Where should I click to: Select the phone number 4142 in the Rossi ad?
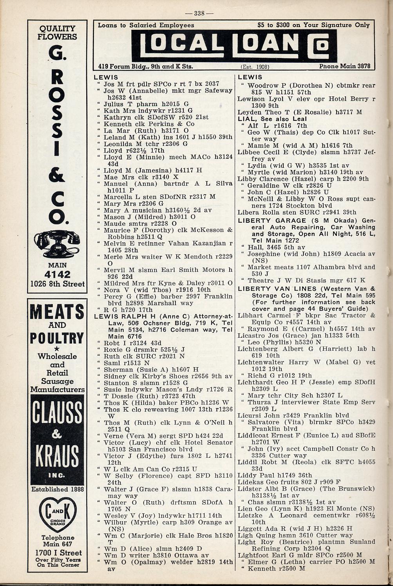click(57, 274)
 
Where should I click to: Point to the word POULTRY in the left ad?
click(57, 338)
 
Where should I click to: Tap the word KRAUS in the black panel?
click(57, 454)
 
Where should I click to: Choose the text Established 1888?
click(57, 489)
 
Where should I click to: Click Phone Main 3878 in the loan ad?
click(344, 66)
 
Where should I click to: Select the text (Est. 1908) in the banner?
click(255, 67)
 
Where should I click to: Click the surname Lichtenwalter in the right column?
click(259, 362)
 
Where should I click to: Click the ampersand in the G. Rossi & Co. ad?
click(57, 175)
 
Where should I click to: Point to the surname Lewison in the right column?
click(252, 99)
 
